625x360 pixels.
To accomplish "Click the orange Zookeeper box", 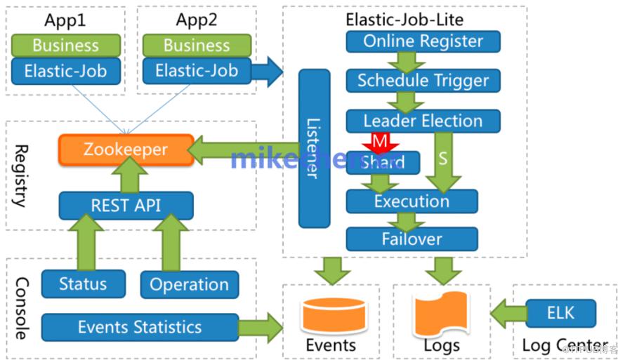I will coord(126,149).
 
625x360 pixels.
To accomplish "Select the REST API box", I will coord(126,205).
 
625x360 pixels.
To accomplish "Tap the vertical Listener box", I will coord(314,148).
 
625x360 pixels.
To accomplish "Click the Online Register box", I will coord(423,41).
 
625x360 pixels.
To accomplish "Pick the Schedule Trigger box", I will coord(423,81).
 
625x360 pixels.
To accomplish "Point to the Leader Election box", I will coord(423,121).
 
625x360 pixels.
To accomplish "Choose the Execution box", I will coord(412,201).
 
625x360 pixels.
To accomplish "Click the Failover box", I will coord(412,239).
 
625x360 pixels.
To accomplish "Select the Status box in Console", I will coord(83,284).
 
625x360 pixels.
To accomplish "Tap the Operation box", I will coord(189,284).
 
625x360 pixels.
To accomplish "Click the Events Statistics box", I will coord(139,327).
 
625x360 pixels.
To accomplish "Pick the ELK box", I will coord(560,313).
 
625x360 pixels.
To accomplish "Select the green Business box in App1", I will coord(65,46).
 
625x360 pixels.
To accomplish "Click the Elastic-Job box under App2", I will coord(197,71).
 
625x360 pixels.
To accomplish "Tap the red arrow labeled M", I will coord(380,142).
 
